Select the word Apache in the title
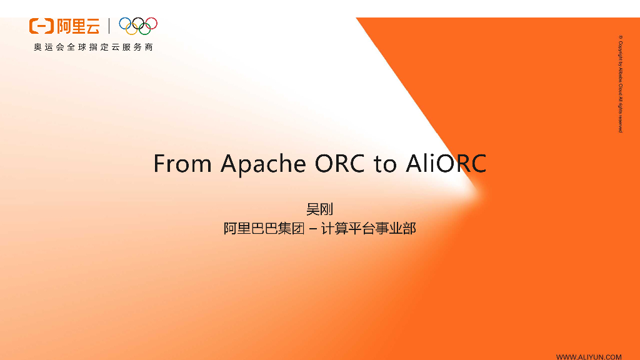pos(263,164)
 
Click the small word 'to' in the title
pos(385,164)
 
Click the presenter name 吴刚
pos(319,209)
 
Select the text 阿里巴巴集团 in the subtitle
pos(264,229)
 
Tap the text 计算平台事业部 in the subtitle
pos(368,229)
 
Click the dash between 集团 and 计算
pos(312,229)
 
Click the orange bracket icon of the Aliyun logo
pos(41,26)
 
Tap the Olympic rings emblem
pos(138,26)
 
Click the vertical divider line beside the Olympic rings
pos(109,26)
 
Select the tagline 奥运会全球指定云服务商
pos(94,47)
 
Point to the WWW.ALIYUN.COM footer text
pos(589,356)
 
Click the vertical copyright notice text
pos(620,84)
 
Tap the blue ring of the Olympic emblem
pos(125,23)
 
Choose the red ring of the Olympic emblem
pos(151,23)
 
